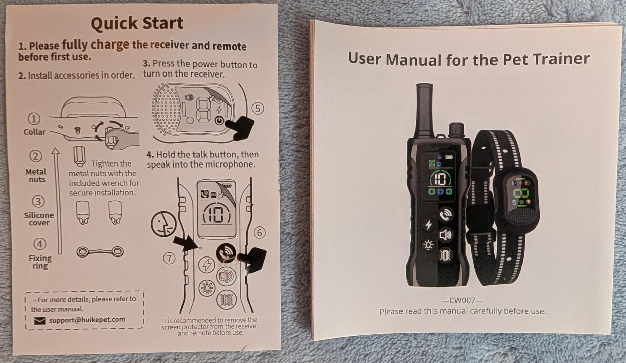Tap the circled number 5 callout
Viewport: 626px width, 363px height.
pyautogui.click(x=258, y=109)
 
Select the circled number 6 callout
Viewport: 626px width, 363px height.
pyautogui.click(x=259, y=233)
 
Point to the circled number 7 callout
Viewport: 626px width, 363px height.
pyautogui.click(x=169, y=259)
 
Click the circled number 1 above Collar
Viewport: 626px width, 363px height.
pyautogui.click(x=34, y=119)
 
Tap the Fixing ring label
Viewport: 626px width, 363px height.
pyautogui.click(x=40, y=262)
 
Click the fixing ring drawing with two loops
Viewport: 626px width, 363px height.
pyautogui.click(x=100, y=252)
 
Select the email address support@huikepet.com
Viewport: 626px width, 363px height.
pyautogui.click(x=87, y=320)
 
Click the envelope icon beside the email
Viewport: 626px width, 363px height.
pyautogui.click(x=40, y=321)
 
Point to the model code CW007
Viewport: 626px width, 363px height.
pyautogui.click(x=462, y=300)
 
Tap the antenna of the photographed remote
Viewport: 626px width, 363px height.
pyautogui.click(x=424, y=110)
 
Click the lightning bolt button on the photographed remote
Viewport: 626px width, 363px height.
pyautogui.click(x=428, y=225)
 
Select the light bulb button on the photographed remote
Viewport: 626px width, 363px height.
pyautogui.click(x=428, y=245)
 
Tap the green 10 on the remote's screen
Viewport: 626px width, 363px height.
pyautogui.click(x=440, y=179)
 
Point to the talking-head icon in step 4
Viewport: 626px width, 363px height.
pyautogui.click(x=163, y=224)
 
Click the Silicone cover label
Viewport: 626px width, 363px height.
pyautogui.click(x=39, y=219)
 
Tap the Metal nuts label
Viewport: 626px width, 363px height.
pyautogui.click(x=36, y=175)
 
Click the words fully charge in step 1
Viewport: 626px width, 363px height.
pyautogui.click(x=95, y=44)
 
